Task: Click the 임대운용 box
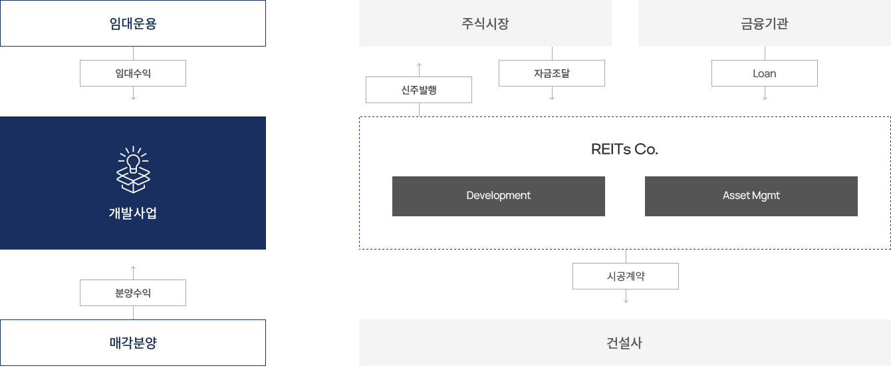pos(133,23)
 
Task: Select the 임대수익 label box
pos(133,73)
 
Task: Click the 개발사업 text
pos(133,214)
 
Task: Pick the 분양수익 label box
pos(133,293)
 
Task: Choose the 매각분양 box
pos(133,343)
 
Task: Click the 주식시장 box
pos(485,23)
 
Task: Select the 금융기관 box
pos(765,23)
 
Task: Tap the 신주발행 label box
pos(419,90)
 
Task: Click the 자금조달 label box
pos(552,73)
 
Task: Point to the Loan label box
pos(765,73)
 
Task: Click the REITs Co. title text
pos(624,150)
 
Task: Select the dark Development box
pos(499,196)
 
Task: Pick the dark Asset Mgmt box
pos(751,196)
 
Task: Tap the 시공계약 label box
pos(626,276)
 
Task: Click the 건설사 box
pos(625,343)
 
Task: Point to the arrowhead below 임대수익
pos(133,98)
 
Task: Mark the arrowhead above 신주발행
pos(419,65)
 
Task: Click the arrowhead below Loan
pos(765,98)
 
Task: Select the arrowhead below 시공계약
pos(626,301)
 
